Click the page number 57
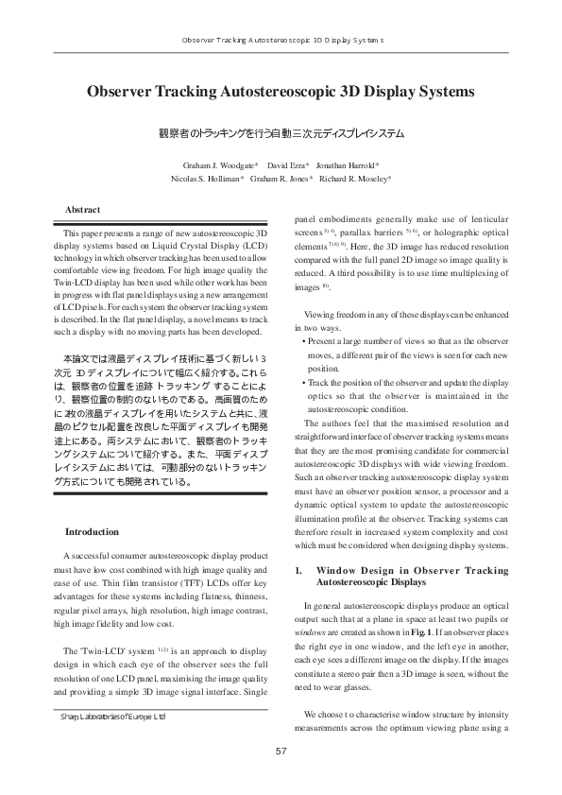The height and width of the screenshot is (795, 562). coord(281,752)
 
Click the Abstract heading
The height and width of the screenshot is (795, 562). coord(82,209)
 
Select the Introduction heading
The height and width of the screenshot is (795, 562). coord(91,532)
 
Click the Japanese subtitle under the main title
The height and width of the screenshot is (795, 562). coord(281,133)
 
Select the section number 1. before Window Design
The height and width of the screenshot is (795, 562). coord(300,572)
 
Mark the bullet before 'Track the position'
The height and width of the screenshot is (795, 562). coord(302,383)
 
